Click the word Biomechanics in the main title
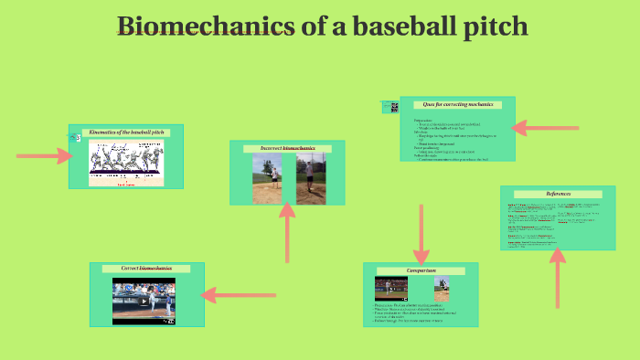207,26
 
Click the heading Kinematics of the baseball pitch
126,132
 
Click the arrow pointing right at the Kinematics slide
43,156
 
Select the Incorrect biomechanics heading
286,148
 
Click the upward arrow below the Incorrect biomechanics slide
287,233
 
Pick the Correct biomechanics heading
146,269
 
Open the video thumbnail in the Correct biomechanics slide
144,298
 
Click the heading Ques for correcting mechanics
457,105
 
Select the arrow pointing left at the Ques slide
546,129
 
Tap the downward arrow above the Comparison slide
421,234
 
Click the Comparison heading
421,270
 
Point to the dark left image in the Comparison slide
390,289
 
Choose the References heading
558,194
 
